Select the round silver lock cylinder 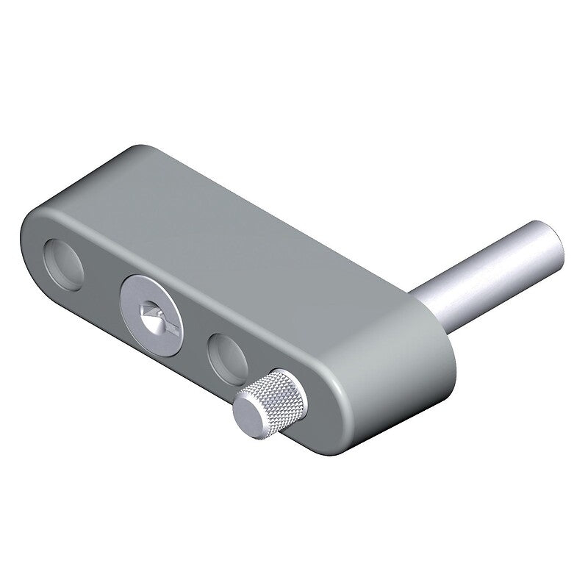(x=152, y=309)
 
